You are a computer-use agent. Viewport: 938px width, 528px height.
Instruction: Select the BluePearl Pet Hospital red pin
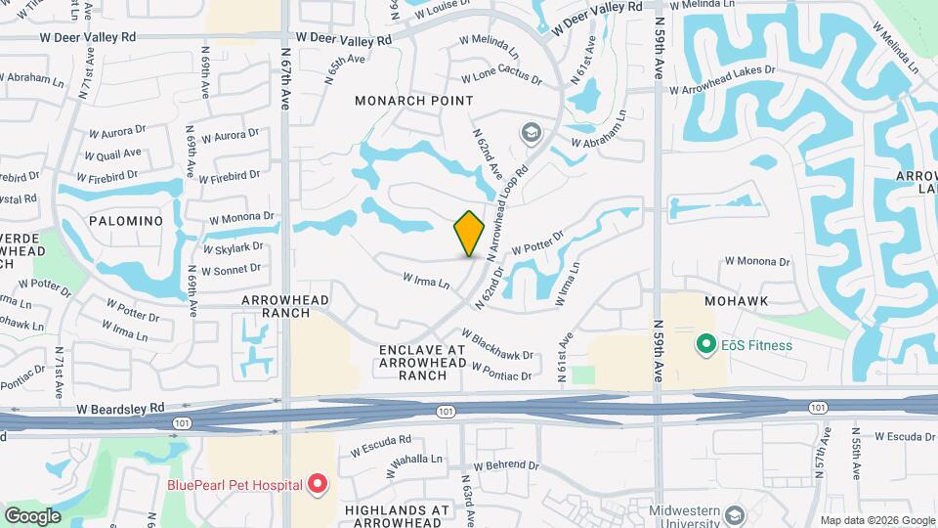[317, 483]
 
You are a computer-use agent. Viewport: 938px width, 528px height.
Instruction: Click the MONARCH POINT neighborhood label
[413, 101]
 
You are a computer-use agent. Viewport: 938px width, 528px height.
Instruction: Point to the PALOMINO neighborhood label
[125, 221]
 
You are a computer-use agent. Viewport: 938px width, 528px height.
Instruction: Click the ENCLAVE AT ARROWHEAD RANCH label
[423, 362]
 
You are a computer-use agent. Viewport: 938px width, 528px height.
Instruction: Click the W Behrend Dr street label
[506, 466]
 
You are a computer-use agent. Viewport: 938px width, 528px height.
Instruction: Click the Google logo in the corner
[32, 515]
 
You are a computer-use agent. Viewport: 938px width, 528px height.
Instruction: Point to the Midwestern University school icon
[736, 514]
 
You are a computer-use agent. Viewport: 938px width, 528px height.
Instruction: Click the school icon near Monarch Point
[532, 133]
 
